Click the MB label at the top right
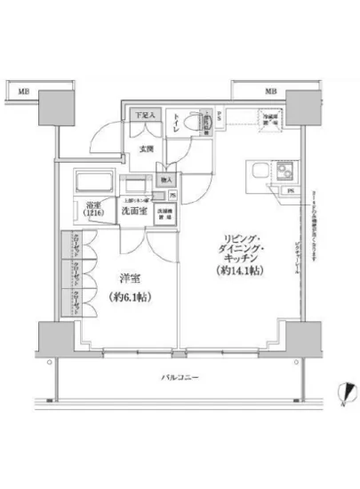click(x=268, y=90)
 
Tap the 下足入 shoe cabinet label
click(x=145, y=115)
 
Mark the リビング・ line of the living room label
click(x=240, y=238)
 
